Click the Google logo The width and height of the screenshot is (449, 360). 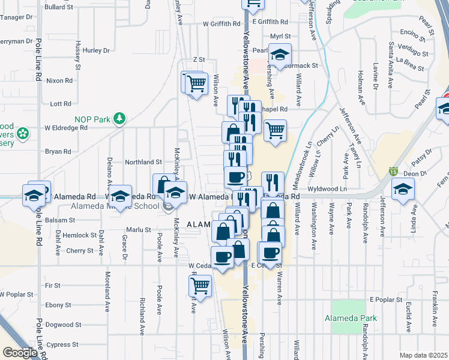pos(20,352)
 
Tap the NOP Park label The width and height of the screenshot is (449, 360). pos(92,119)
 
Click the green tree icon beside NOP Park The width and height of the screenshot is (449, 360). pos(119,118)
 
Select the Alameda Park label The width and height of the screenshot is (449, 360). pos(351,318)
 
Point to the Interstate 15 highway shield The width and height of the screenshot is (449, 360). pos(393,172)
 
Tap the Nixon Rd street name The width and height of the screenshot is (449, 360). pos(59,80)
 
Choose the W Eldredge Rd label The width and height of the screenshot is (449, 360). pos(66,128)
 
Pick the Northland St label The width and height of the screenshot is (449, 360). pos(143,162)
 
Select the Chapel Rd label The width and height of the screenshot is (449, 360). pos(276,109)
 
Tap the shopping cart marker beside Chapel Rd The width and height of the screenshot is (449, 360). pos(275,130)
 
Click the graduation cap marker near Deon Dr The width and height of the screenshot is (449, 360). pos(403,190)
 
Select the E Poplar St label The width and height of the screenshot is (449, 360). pos(385,299)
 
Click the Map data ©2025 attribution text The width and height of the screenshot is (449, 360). pos(423,355)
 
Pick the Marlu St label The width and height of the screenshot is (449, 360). pos(138,229)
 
